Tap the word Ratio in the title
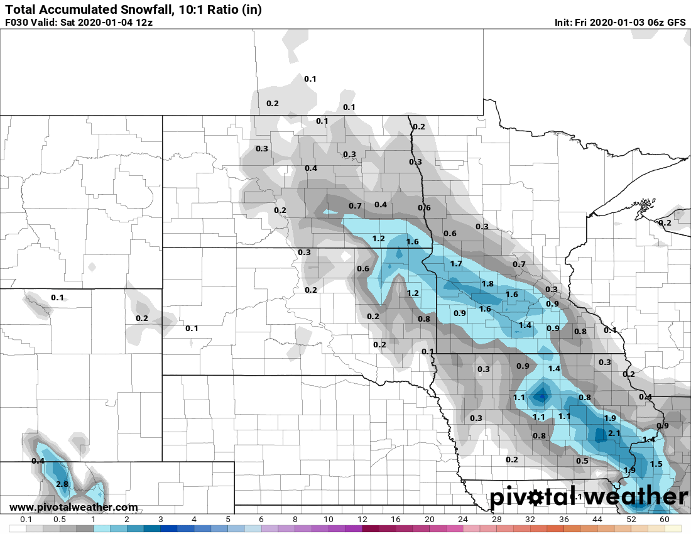[221, 9]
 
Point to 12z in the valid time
[141, 23]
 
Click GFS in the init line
[676, 23]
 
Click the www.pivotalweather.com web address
[73, 507]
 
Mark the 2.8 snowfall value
[62, 484]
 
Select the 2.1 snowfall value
[614, 433]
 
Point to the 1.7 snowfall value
[456, 264]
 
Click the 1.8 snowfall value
[487, 284]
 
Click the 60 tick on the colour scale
[665, 520]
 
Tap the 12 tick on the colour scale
[362, 520]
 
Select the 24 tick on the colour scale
[463, 520]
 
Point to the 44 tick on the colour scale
[597, 520]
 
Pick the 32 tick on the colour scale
[530, 520]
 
